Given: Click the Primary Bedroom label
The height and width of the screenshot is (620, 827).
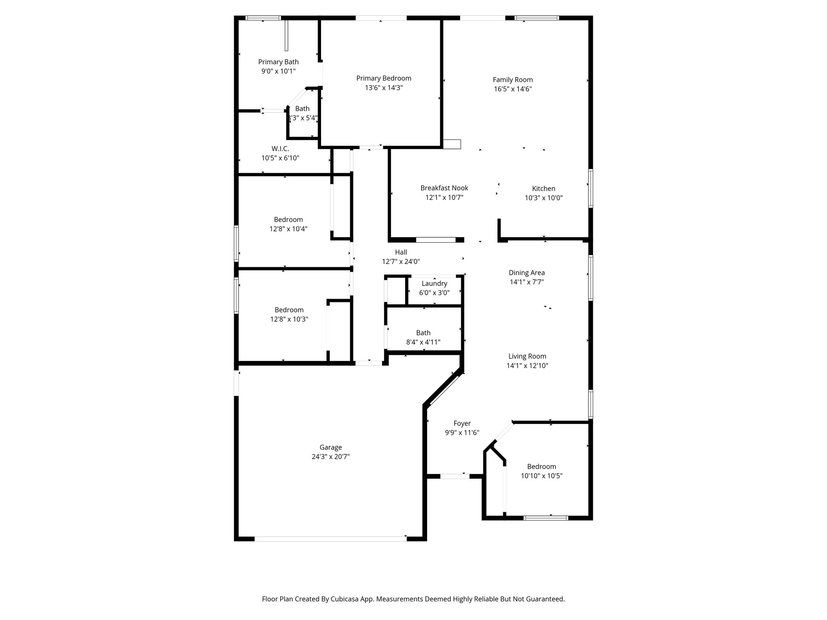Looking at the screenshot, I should point(384,78).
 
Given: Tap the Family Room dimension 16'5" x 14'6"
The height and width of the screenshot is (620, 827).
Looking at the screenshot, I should point(512,89).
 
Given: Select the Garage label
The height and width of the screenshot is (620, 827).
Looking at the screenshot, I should point(331,447).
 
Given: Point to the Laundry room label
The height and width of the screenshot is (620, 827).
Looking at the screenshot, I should point(434,283).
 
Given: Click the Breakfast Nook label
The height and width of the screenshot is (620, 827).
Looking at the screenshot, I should point(444,188).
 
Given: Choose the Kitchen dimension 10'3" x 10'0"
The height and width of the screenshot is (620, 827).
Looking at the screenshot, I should point(544,198).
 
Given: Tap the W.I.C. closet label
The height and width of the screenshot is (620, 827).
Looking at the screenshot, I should point(280,149).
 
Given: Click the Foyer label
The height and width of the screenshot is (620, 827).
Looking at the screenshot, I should point(462,423).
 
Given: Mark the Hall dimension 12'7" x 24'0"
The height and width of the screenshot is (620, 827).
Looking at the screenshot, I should point(401,262).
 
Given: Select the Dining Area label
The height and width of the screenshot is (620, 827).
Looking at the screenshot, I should point(527,272).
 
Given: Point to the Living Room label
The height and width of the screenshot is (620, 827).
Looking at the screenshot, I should point(527,356).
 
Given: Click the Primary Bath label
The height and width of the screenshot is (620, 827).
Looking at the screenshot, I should point(278,62).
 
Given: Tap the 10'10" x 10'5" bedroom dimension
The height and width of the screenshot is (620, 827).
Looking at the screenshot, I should point(542,476).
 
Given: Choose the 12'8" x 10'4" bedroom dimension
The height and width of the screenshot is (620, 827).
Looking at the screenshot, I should point(288,229).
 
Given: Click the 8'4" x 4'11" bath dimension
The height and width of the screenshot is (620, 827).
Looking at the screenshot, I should point(423,342).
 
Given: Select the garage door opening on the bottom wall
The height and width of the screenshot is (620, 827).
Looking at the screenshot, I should point(330,538).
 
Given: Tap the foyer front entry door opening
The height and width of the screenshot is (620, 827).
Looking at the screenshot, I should point(455,476).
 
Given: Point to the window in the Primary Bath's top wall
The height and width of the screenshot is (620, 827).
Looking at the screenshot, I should point(263,18).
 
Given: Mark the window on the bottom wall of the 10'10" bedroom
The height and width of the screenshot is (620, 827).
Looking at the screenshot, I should point(546,518).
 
